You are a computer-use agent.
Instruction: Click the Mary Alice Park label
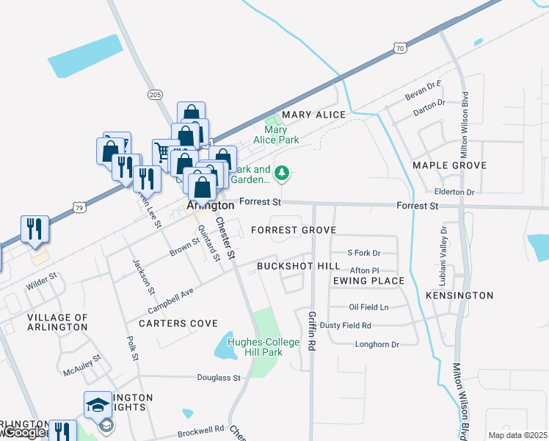tap(276, 135)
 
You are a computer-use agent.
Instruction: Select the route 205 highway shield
tap(154, 94)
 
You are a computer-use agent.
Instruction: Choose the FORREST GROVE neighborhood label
tap(293, 230)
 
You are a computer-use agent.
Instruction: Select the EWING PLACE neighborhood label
tap(368, 281)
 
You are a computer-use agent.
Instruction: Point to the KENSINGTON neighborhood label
tap(459, 295)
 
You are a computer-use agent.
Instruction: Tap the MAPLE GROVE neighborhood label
tap(450, 165)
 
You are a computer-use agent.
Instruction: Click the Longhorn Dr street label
tap(377, 344)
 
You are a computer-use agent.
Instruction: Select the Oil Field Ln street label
tap(368, 306)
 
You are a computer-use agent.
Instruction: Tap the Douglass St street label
tap(219, 378)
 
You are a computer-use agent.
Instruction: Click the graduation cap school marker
tap(98, 405)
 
